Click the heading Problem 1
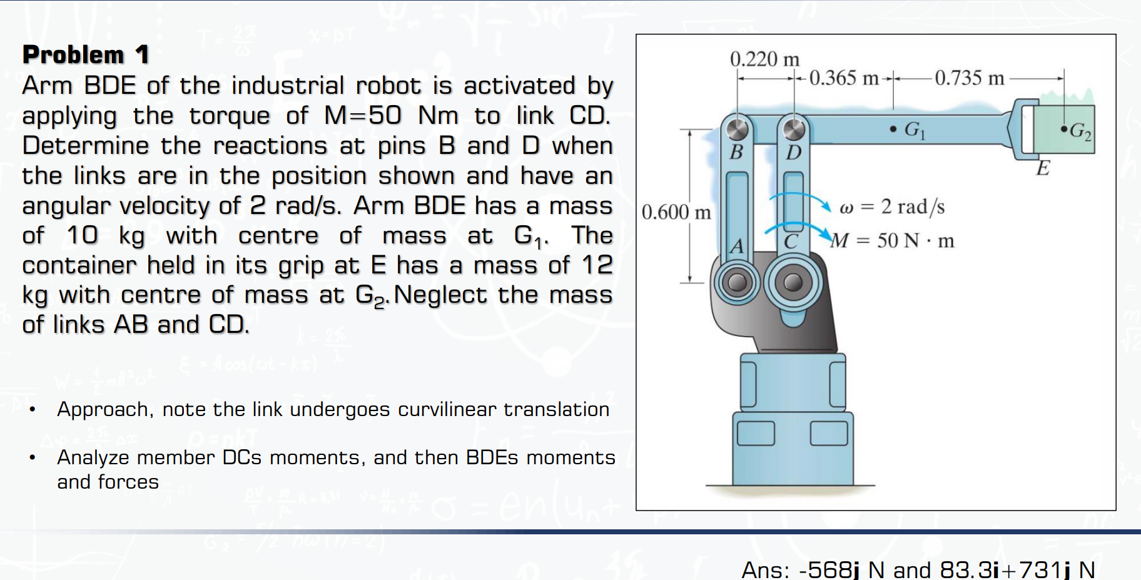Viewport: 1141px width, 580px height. [x=86, y=54]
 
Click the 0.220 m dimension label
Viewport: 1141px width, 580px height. [x=764, y=59]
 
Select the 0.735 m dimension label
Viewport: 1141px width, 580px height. [x=969, y=78]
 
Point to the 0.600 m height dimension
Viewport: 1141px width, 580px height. [x=676, y=212]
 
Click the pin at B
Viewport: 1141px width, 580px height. [x=738, y=129]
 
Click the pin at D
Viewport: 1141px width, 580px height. [x=794, y=129]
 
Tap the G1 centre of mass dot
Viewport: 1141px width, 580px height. [x=893, y=130]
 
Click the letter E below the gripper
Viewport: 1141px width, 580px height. [x=1043, y=168]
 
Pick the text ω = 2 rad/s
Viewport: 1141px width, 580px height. [x=892, y=206]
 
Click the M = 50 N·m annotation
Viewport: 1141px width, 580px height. [x=892, y=240]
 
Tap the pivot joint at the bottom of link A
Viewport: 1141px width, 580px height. [x=737, y=282]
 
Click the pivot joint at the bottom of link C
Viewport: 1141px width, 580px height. [x=793, y=282]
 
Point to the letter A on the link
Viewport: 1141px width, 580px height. [x=737, y=246]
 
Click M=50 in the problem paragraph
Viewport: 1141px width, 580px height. [x=363, y=115]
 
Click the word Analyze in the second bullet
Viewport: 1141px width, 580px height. [x=92, y=457]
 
